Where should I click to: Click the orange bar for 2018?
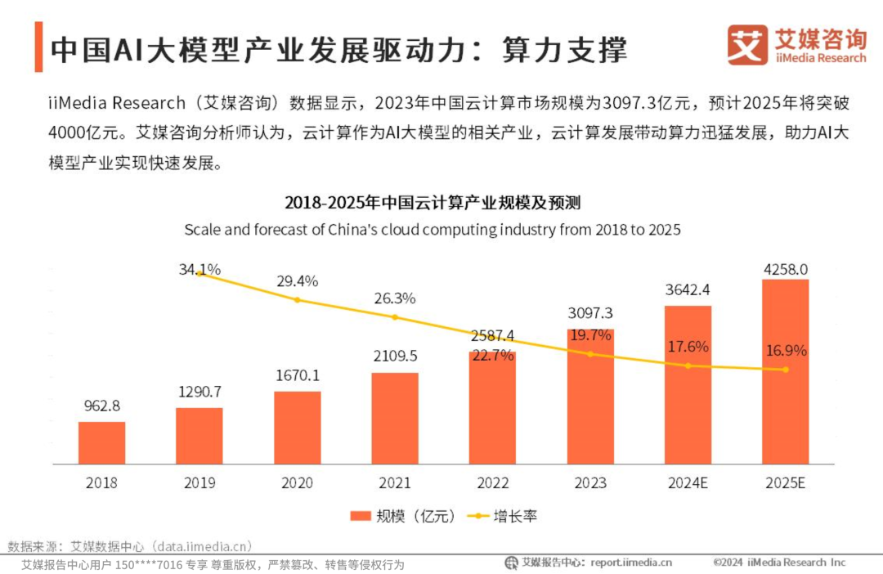pos(101,443)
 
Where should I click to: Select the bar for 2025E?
pos(785,372)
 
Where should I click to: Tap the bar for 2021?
pos(394,419)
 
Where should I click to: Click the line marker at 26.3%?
pos(395,317)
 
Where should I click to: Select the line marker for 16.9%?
pos(786,370)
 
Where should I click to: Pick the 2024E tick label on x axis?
pos(688,482)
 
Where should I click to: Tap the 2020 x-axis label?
pos(297,482)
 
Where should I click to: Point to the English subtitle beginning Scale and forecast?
pos(432,229)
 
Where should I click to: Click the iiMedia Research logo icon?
pos(747,45)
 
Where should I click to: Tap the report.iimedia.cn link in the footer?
pos(630,562)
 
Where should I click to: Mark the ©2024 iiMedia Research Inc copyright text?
pos(779,562)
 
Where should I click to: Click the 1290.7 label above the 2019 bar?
pos(199,392)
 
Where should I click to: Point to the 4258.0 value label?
pos(785,269)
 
